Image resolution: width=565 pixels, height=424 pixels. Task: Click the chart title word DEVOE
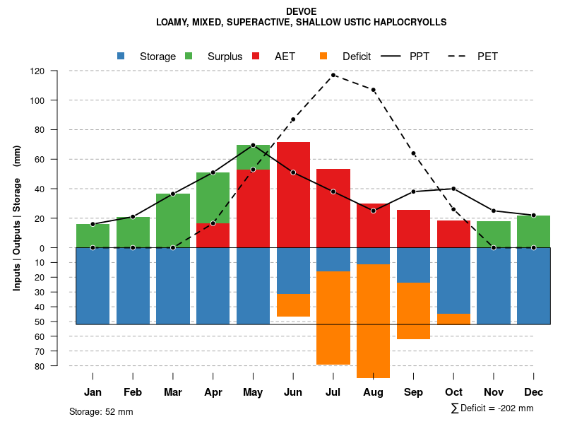(302, 11)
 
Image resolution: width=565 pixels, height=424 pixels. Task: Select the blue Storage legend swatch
(121, 56)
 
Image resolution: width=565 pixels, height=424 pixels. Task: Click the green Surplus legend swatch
(189, 56)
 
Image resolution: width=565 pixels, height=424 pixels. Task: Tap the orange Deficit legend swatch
(324, 56)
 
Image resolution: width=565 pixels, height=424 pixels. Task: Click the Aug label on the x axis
(373, 392)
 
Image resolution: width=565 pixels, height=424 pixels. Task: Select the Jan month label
(93, 392)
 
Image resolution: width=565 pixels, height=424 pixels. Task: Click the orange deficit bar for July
(333, 318)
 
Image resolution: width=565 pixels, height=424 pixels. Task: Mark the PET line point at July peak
(333, 75)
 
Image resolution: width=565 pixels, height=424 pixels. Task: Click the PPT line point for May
(254, 145)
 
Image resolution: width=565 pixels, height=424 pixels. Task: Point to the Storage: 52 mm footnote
(101, 411)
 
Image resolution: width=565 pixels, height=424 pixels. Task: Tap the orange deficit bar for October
(453, 319)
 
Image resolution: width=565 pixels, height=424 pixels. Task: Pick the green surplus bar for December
(534, 232)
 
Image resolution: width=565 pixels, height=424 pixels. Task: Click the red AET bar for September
(413, 228)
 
